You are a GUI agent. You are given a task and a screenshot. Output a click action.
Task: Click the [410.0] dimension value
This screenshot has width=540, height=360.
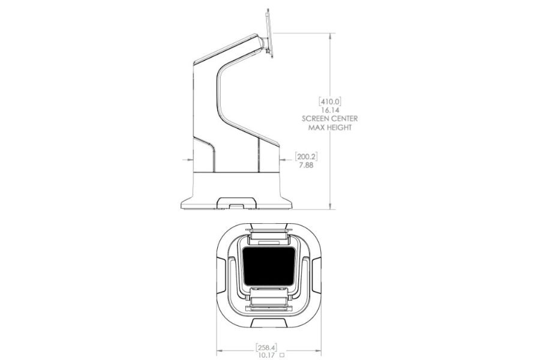(x=330, y=101)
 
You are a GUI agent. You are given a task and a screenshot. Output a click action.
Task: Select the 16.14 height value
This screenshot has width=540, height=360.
(x=330, y=110)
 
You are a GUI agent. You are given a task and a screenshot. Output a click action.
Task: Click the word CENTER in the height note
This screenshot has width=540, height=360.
(x=345, y=119)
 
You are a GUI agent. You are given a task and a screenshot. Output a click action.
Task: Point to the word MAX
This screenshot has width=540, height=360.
(x=316, y=127)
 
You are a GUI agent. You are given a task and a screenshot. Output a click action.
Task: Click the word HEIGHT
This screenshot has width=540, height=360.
(x=339, y=127)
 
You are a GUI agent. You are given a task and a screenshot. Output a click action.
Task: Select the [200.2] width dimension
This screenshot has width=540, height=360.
(x=306, y=157)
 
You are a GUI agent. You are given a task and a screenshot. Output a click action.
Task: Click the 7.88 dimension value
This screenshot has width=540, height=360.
(x=306, y=166)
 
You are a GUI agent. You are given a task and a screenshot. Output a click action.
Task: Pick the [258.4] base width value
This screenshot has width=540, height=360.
(x=266, y=347)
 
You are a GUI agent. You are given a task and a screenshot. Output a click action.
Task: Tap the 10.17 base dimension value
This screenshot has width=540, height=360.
(x=266, y=355)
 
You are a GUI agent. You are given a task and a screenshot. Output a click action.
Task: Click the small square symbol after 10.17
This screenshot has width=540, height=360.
(x=283, y=355)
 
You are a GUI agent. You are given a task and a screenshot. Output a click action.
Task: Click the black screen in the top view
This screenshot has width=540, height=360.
(x=269, y=266)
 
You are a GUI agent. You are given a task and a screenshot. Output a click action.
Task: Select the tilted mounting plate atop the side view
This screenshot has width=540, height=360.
(x=269, y=34)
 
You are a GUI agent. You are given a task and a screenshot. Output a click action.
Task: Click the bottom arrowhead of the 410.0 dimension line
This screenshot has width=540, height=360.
(x=330, y=206)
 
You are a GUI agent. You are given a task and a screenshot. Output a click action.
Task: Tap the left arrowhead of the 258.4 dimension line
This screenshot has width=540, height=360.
(x=220, y=351)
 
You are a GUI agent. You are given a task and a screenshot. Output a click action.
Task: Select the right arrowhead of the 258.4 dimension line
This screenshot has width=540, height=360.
(x=318, y=351)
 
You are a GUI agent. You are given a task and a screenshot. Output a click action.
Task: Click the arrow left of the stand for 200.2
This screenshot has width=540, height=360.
(x=188, y=160)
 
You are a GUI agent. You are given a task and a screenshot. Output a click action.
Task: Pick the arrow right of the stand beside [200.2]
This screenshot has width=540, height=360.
(x=286, y=160)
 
